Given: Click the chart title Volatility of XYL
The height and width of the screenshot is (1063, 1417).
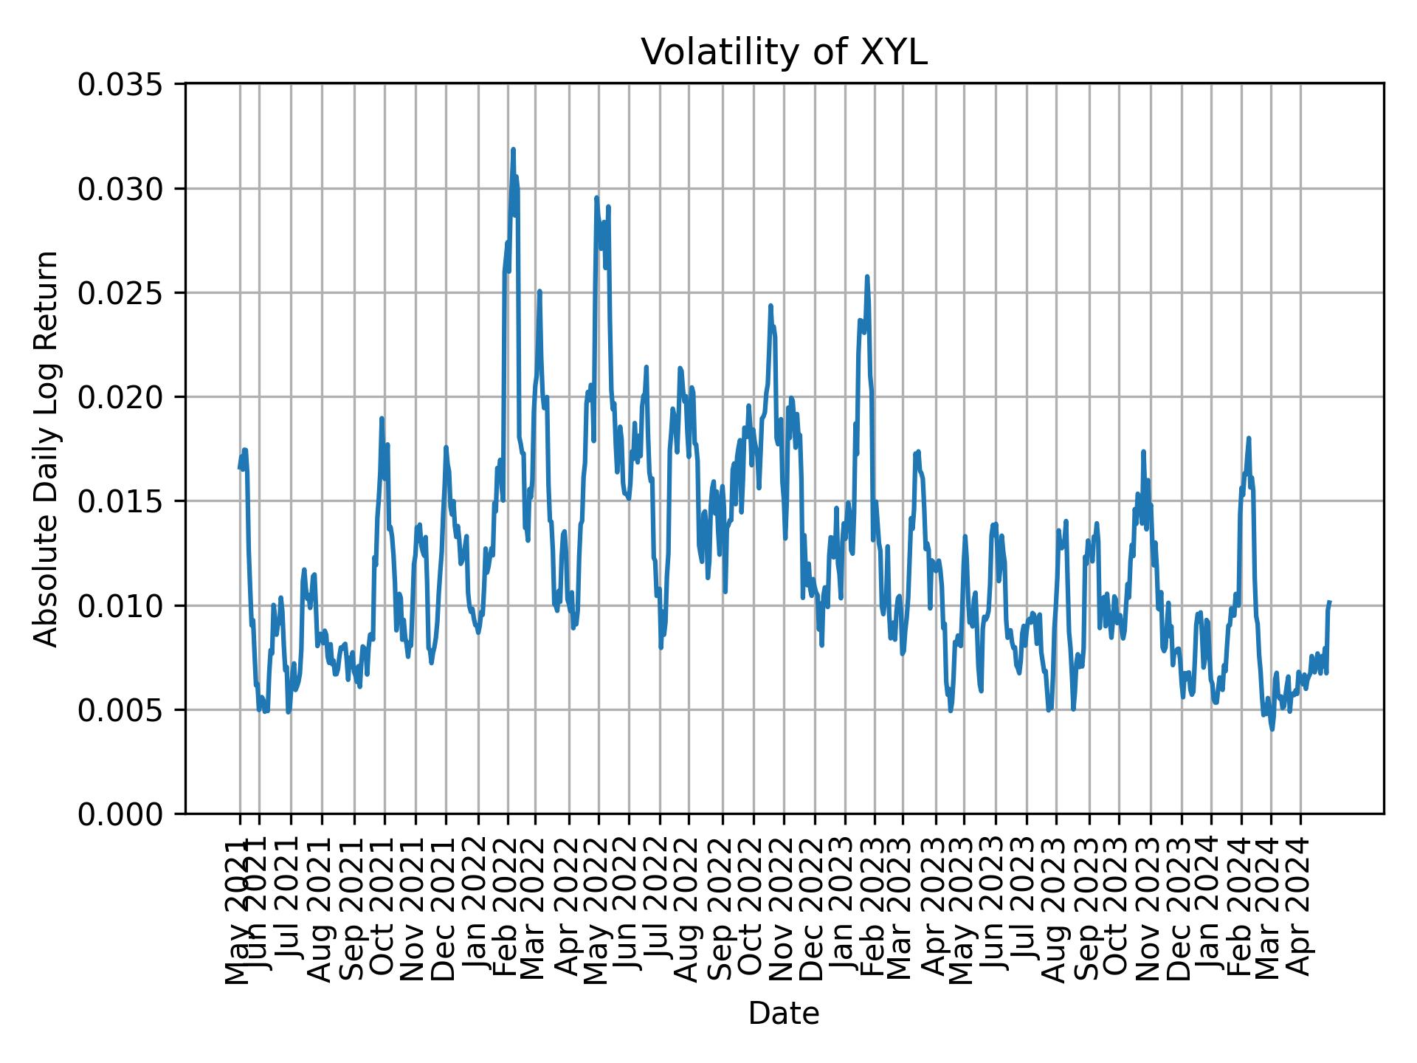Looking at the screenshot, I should point(783,52).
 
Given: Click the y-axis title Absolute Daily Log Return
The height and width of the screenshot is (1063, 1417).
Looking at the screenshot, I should point(47,448).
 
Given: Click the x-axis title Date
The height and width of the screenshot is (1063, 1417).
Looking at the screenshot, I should point(783,1014).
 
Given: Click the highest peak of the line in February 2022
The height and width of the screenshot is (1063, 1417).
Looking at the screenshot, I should point(513,150).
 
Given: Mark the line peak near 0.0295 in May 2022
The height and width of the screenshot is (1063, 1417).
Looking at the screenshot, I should point(596,198).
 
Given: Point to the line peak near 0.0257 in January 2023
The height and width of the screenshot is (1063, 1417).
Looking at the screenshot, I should point(867,277).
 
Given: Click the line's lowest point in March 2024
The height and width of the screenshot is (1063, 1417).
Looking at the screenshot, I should point(1272,729).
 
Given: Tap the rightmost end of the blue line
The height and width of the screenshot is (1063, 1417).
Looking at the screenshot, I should point(1329,602).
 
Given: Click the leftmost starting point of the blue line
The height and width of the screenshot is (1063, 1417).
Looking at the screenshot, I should point(239,467).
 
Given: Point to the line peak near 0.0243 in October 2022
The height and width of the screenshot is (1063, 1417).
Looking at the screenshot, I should point(770,306).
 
